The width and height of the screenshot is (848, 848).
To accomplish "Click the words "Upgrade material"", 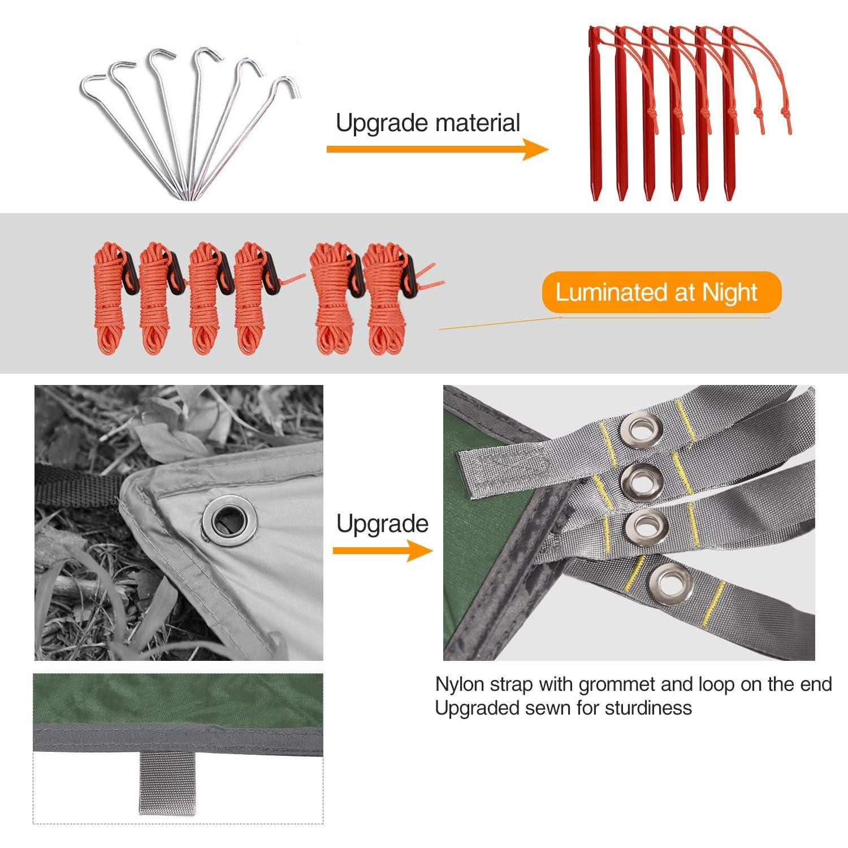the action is pyautogui.click(x=428, y=123).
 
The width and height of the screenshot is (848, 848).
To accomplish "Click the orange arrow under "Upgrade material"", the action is pyautogui.click(x=438, y=149).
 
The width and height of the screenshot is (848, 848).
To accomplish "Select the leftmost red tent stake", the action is pyautogui.click(x=594, y=113).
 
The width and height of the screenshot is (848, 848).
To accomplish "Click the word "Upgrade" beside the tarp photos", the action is pyautogui.click(x=383, y=523).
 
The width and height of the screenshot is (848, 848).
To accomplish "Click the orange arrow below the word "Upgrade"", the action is pyautogui.click(x=383, y=551).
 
